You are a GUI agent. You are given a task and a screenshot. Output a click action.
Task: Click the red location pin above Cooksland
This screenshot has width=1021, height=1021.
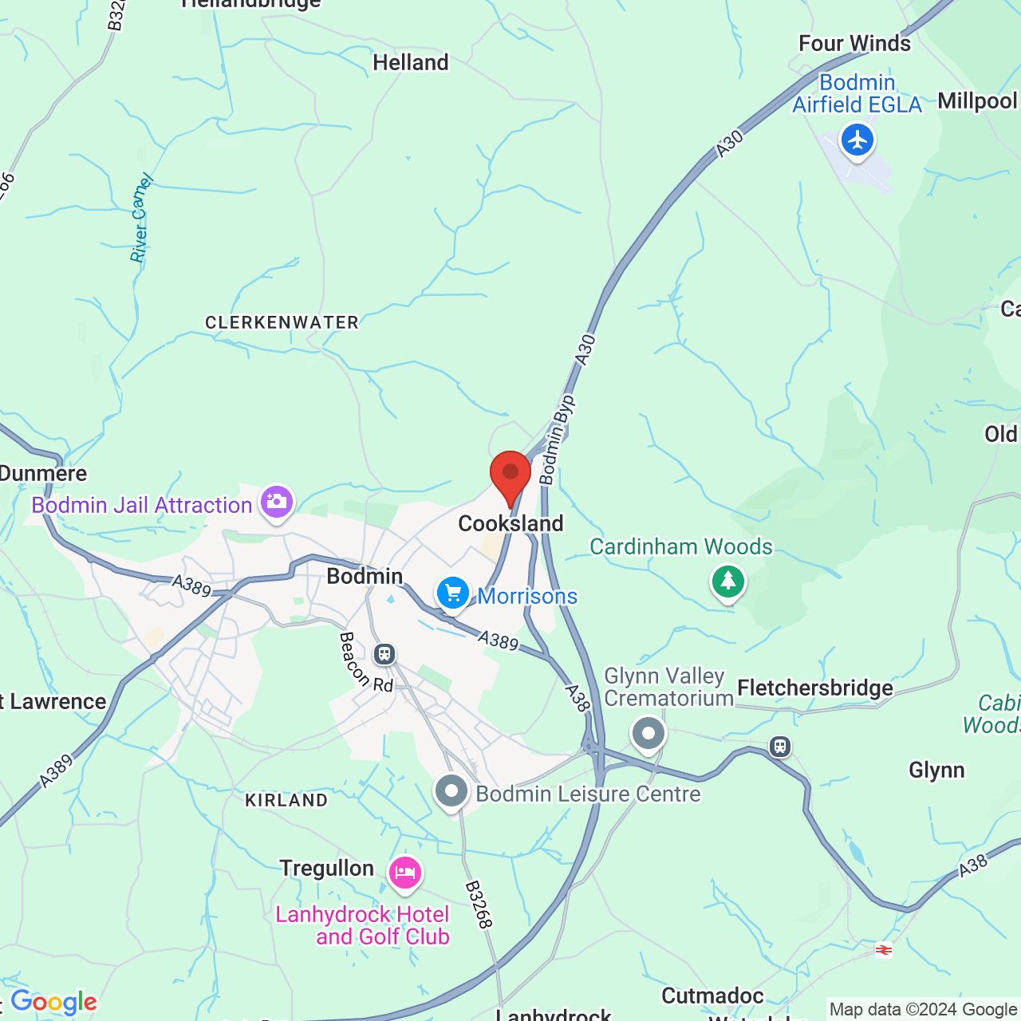tap(510, 475)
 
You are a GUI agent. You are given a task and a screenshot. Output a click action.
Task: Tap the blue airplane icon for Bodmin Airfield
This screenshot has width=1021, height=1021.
tap(857, 141)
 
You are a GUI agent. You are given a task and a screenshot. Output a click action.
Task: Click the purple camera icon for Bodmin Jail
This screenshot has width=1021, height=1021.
tap(276, 503)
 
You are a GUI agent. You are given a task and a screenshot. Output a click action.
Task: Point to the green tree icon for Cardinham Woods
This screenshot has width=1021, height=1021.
tap(727, 581)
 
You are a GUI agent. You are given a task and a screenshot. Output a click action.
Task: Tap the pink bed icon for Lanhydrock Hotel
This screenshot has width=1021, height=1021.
tap(405, 873)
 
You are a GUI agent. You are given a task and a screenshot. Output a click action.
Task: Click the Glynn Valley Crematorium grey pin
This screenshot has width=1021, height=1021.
tap(648, 733)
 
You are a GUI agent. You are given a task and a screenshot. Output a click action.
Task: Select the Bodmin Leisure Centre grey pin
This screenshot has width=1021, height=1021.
tap(451, 792)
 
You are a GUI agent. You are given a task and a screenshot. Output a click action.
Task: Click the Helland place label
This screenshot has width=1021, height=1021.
tap(411, 62)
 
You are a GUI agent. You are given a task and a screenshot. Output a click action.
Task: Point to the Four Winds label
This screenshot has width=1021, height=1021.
tap(854, 43)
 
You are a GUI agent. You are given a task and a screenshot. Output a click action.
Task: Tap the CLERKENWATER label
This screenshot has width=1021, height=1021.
tap(282, 322)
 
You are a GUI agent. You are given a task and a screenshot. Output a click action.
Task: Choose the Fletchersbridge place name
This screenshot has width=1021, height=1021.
tap(815, 688)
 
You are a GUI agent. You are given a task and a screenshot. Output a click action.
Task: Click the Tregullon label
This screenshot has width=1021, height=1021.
tap(326, 868)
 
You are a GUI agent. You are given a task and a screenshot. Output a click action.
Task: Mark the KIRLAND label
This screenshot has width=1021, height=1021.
tap(286, 800)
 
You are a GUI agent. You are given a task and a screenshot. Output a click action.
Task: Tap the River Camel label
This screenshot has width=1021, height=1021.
tap(141, 219)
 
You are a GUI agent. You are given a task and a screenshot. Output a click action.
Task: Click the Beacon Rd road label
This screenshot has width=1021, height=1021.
tap(366, 662)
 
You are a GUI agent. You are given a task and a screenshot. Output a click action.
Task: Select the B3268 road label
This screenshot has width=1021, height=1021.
tap(479, 905)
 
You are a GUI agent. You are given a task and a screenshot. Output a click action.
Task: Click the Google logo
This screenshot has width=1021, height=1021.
tap(53, 1002)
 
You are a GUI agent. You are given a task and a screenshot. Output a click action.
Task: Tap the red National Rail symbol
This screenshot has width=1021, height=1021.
tap(883, 949)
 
